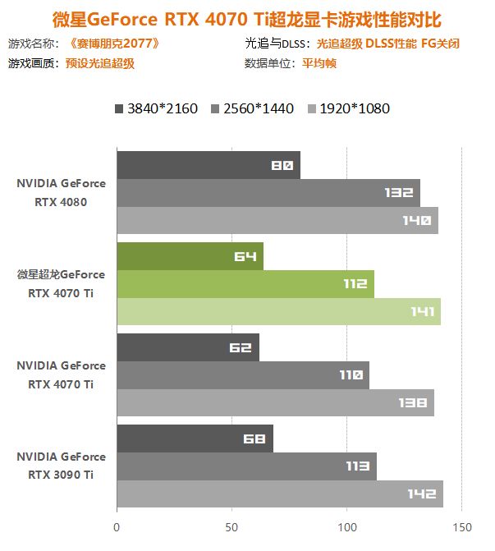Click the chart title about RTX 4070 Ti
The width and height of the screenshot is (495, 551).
(x=246, y=17)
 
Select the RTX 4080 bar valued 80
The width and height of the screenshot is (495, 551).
(x=208, y=165)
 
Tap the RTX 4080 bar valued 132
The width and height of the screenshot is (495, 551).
(x=268, y=193)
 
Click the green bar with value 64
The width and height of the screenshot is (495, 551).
(x=190, y=256)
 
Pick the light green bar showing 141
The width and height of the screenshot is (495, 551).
(x=278, y=311)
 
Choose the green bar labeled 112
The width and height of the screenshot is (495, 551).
(x=245, y=284)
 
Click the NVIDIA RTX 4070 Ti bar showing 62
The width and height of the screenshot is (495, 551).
(x=187, y=347)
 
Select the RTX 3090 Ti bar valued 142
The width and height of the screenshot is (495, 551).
(x=279, y=494)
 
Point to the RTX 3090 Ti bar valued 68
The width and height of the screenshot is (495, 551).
(x=195, y=439)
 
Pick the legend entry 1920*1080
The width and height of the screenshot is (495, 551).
(x=348, y=108)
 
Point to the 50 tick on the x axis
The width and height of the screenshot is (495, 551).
(x=231, y=526)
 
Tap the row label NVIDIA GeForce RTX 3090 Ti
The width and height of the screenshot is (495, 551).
(x=61, y=466)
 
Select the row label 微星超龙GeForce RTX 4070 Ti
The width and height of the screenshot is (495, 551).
(x=61, y=283)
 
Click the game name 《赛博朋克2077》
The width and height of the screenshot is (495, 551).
(x=116, y=44)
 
